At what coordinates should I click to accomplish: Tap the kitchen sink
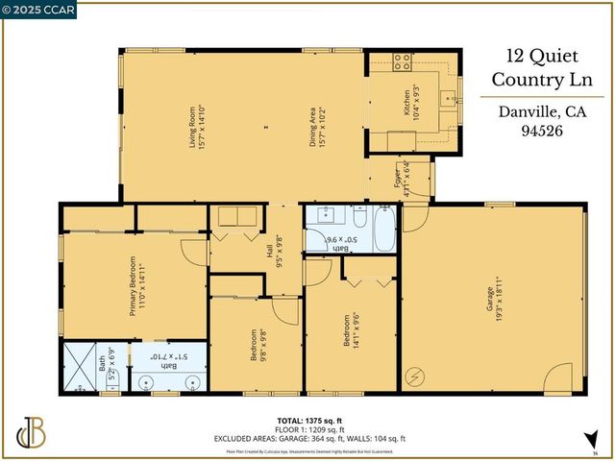point(446,97)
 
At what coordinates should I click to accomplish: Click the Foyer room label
point(402,179)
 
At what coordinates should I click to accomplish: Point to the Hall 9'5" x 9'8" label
point(274,252)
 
